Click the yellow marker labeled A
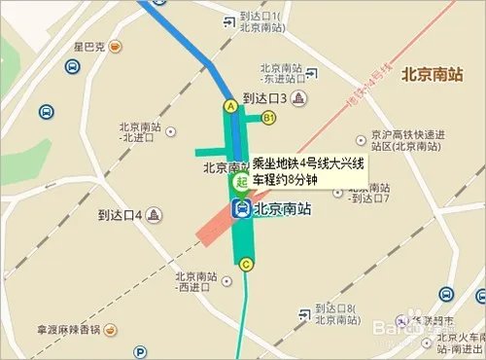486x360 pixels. click(x=230, y=105)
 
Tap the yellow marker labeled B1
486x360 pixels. click(x=269, y=118)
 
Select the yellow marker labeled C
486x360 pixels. click(x=246, y=264)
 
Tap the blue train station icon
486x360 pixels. click(x=239, y=208)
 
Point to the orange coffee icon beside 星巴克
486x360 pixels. click(x=115, y=46)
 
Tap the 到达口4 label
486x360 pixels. click(x=121, y=214)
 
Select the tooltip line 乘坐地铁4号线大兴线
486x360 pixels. click(x=305, y=163)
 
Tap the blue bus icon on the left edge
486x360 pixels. click(x=46, y=112)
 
